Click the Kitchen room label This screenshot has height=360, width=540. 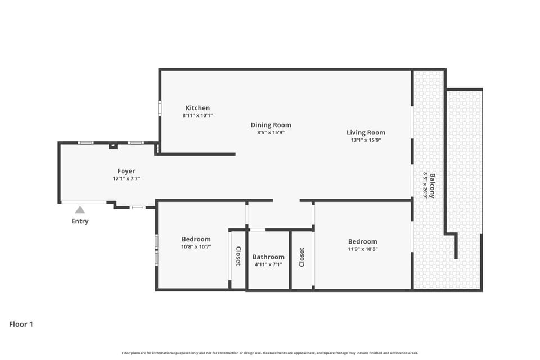[x=197, y=108]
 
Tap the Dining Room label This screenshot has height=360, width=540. [x=271, y=125]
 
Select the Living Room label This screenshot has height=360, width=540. [x=366, y=133]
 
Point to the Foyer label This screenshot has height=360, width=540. [x=126, y=171]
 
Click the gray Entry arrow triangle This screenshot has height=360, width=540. [x=80, y=210]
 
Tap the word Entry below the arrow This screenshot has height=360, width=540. [x=80, y=221]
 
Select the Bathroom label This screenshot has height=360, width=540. [x=268, y=257]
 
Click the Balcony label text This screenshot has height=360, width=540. [x=432, y=186]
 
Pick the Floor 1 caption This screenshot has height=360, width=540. [x=21, y=324]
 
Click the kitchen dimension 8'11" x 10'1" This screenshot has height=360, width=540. [x=197, y=116]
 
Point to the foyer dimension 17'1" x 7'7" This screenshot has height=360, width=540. [x=126, y=179]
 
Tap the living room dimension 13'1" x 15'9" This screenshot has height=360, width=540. [x=366, y=140]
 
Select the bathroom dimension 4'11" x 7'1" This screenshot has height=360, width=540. [x=268, y=264]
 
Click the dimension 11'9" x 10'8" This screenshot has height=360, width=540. [x=363, y=249]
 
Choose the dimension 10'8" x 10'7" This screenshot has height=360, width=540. [x=196, y=247]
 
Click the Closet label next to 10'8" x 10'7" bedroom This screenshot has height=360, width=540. [x=238, y=256]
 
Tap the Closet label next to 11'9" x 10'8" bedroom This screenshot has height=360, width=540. [x=301, y=257]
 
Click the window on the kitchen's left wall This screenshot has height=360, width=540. [x=160, y=107]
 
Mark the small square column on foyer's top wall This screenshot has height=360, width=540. [x=113, y=146]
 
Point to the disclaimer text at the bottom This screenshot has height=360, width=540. [x=269, y=353]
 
